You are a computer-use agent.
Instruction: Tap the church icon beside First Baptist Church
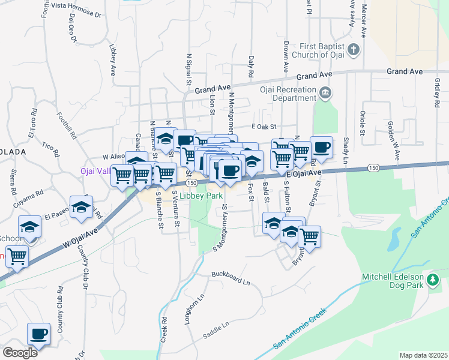pyautogui.click(x=354, y=49)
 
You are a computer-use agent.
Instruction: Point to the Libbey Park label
pyautogui.click(x=203, y=196)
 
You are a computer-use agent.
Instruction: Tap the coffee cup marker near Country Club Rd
pyautogui.click(x=39, y=334)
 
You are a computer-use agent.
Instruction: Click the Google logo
pyautogui.click(x=20, y=352)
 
